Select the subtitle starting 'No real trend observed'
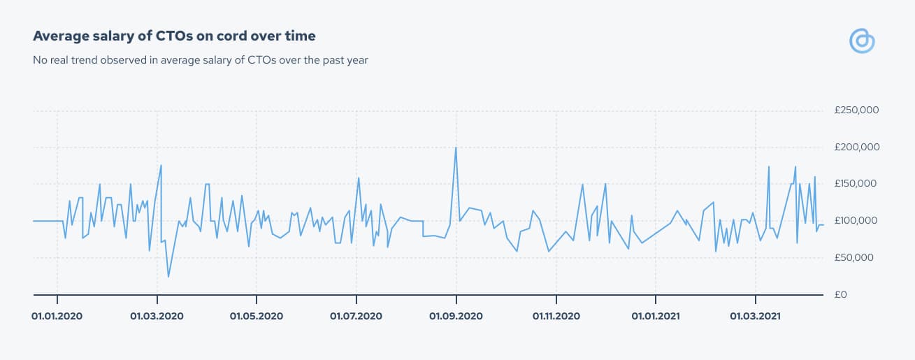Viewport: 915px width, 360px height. pyautogui.click(x=201, y=60)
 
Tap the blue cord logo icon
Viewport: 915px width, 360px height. pyautogui.click(x=862, y=41)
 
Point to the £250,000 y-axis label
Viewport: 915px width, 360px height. pyautogui.click(x=856, y=110)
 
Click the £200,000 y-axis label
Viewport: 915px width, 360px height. pyautogui.click(x=857, y=147)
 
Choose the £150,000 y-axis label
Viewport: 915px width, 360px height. pyautogui.click(x=856, y=183)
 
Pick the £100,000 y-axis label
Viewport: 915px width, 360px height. pyautogui.click(x=856, y=221)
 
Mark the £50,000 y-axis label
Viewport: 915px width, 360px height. pyautogui.click(x=854, y=257)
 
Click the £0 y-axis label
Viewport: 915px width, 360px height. pyautogui.click(x=841, y=294)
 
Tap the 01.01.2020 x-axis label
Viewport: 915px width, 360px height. pyautogui.click(x=57, y=316)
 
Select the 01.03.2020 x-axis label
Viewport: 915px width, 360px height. pyautogui.click(x=157, y=316)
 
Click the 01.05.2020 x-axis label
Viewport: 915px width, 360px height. pyautogui.click(x=257, y=316)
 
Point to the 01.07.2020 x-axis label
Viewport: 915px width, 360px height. pyautogui.click(x=356, y=316)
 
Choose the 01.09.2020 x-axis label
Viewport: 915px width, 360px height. pyautogui.click(x=456, y=316)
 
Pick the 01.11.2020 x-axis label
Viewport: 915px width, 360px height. pyautogui.click(x=556, y=316)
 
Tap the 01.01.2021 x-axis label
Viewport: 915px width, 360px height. pyautogui.click(x=656, y=316)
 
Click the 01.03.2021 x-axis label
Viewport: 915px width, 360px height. pyautogui.click(x=756, y=316)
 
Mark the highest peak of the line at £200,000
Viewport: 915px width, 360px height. pyautogui.click(x=456, y=147)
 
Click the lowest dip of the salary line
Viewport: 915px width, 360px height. pyautogui.click(x=168, y=277)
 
